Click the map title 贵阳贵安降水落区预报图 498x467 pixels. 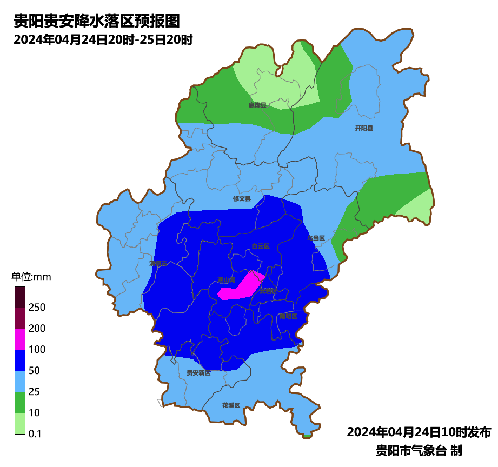pos(96,22)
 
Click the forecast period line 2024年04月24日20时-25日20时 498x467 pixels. pos(103,40)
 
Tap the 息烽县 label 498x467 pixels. pos(257,105)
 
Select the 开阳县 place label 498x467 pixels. pos(364,129)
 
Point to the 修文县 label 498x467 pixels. pos(242,199)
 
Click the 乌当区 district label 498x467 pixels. pos(316,238)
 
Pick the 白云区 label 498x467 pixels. pos(260,246)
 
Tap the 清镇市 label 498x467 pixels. pos(158,264)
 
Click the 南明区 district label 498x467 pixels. pos(288,316)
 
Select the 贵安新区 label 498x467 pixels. pos(198,373)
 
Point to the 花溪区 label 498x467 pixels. pos(230,405)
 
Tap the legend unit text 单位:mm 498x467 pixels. pos(31,277)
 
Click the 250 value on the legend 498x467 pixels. pos(37,308)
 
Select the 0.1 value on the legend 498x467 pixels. pos(35,434)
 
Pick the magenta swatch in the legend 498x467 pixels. pos(20,339)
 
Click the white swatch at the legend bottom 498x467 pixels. pos(20,445)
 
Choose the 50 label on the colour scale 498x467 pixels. pos(35,371)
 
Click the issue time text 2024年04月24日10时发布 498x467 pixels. pos(419,432)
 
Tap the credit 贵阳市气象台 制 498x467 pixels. pos(419,450)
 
